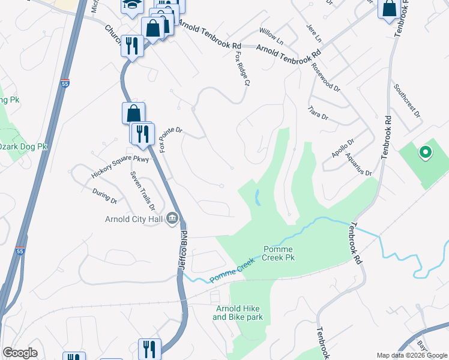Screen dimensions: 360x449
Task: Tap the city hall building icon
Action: pyautogui.click(x=172, y=217)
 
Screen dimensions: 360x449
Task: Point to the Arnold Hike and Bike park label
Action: pyautogui.click(x=239, y=313)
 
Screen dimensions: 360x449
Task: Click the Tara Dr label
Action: pyautogui.click(x=318, y=112)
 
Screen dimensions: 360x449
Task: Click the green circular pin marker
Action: pyautogui.click(x=425, y=153)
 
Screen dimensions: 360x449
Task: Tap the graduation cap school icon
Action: pyautogui.click(x=130, y=5)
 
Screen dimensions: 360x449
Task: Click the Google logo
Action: pyautogui.click(x=20, y=353)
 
